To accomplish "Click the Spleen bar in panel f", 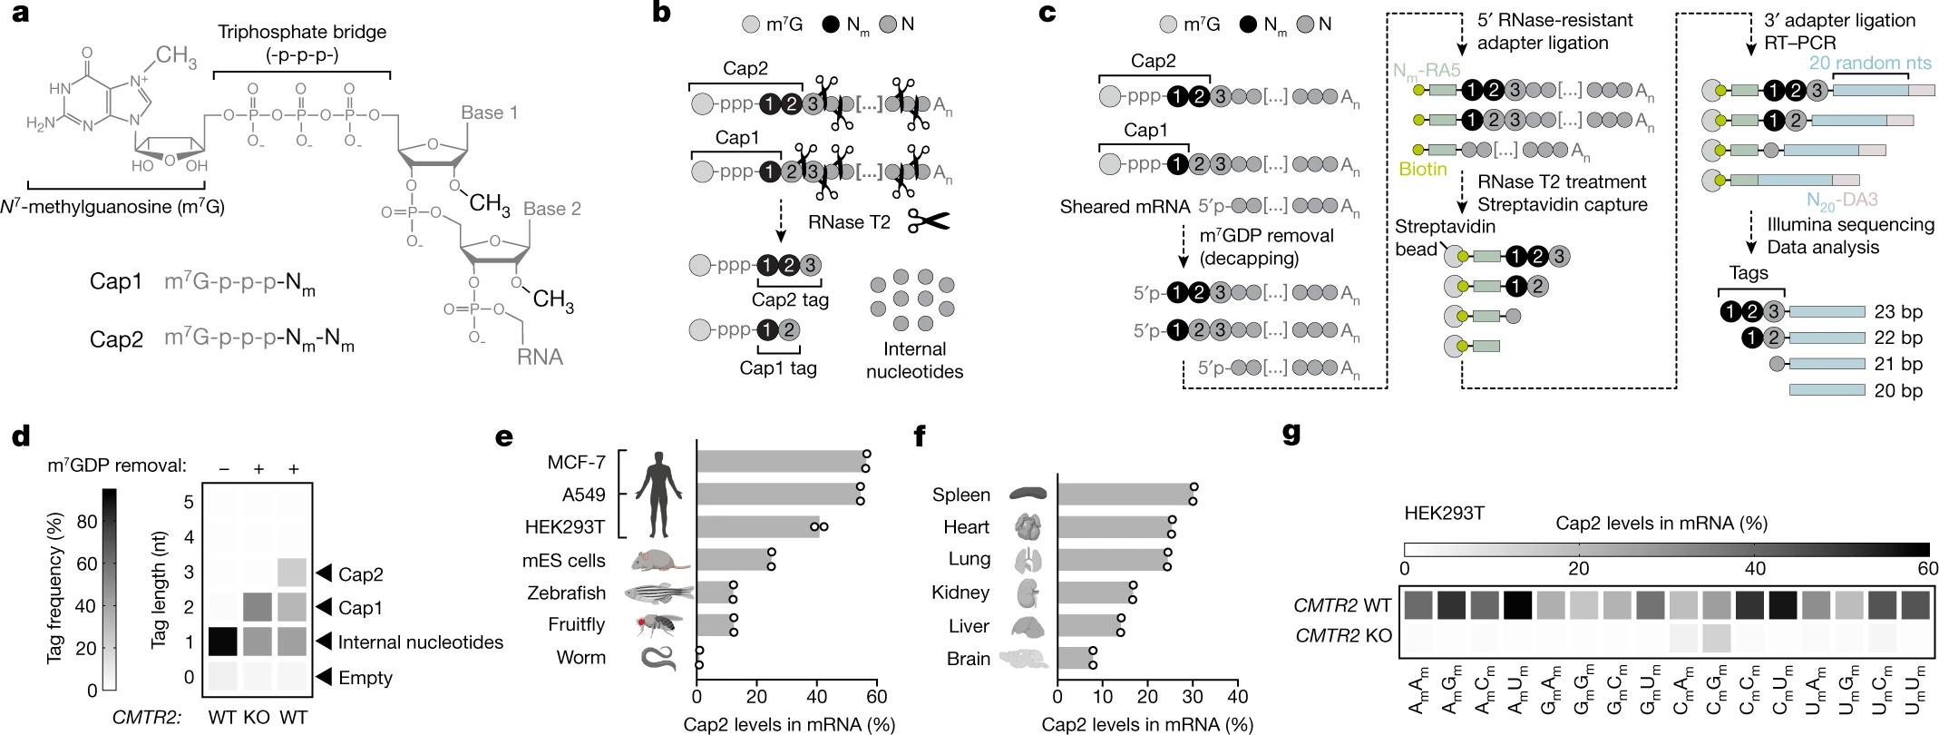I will pyautogui.click(x=1125, y=495).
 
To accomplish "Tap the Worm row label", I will pyautogui.click(x=580, y=657).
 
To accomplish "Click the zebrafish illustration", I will pyautogui.click(x=658, y=593).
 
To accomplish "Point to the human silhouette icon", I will pyautogui.click(x=658, y=495).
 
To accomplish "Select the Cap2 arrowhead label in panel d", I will pyautogui.click(x=359, y=573).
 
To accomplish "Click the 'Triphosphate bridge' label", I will pyautogui.click(x=301, y=32).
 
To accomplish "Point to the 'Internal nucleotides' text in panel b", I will pyautogui.click(x=914, y=360).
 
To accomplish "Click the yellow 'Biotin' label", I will pyautogui.click(x=1422, y=169).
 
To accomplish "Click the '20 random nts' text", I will pyautogui.click(x=1870, y=63).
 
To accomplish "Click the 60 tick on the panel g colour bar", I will pyautogui.click(x=1928, y=569).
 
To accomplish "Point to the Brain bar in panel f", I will pyautogui.click(x=1076, y=658).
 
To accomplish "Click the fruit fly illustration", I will pyautogui.click(x=658, y=624).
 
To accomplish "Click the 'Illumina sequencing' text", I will pyautogui.click(x=1850, y=224).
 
